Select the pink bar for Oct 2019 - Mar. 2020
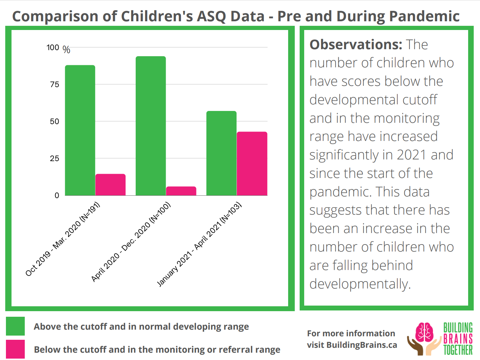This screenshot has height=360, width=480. pos(111,185)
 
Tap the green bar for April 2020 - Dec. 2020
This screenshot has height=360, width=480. pos(151,126)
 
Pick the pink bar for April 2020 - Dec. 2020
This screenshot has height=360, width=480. pos(181,191)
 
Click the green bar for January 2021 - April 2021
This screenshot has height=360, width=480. pos(222,153)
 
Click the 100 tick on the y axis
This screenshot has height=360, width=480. pos(53,47)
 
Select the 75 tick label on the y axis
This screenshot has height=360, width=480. pos(54,84)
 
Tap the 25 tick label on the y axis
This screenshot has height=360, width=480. pos(54,158)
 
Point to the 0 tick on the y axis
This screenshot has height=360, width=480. pos(57,195)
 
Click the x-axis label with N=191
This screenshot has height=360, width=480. pos(63,239)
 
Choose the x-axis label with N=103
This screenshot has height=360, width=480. pos(200,244)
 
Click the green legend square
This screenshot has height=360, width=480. pos(15,326)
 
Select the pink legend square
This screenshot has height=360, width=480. pos(15,349)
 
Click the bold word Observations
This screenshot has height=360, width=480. pos(356,45)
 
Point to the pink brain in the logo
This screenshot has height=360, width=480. pos(424,332)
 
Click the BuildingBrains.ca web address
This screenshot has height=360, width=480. pos(362,345)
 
